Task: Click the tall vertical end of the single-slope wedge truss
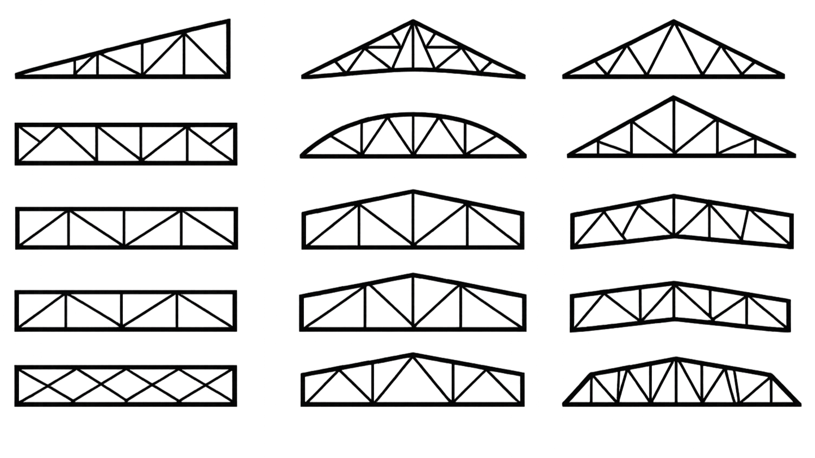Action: (x=229, y=49)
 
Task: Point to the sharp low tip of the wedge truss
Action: (x=17, y=76)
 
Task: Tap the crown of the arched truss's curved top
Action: (x=413, y=114)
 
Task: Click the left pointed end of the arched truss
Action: (x=302, y=156)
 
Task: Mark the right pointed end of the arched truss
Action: (x=525, y=156)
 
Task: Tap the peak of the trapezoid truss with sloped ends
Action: (x=676, y=359)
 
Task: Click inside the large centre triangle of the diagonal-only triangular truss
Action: (x=674, y=57)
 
